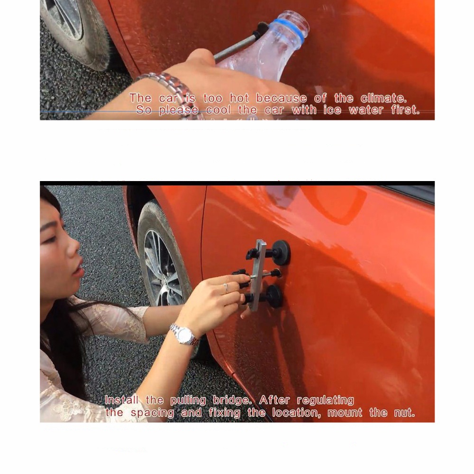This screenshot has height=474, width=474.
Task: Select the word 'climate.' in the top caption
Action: pos(383,98)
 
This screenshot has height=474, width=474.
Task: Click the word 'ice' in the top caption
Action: pos(332,110)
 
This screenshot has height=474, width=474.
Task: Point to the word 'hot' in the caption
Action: pos(239,98)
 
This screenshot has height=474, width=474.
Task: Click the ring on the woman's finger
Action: pos(225,288)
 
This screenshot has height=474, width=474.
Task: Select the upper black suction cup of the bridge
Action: pos(281,253)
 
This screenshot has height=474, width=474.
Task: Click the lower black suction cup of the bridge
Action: pos(274,296)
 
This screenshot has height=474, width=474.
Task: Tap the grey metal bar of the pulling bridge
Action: pos(257,275)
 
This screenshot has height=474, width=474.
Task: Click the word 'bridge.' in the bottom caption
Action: pos(232,400)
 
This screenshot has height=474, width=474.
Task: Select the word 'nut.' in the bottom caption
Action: pos(404,412)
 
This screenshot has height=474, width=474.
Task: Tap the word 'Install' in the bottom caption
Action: pos(122,400)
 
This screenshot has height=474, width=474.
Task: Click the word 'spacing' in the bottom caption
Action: pos(152,413)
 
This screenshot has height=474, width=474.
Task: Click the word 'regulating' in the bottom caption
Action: pos(325,401)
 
